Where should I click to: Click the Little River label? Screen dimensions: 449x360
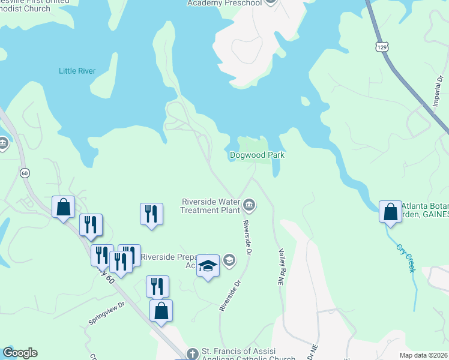[77, 71]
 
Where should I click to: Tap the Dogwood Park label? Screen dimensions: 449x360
[257, 155]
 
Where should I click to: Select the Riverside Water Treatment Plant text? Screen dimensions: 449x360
[211, 206]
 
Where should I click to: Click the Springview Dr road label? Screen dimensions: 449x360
[106, 313]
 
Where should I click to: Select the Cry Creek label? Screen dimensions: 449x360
[406, 257]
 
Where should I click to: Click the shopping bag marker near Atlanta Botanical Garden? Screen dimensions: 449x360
[390, 212]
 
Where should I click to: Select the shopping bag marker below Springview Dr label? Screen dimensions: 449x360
[161, 311]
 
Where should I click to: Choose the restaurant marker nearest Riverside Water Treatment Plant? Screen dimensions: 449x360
[151, 214]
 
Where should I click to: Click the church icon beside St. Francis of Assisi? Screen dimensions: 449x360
[192, 353]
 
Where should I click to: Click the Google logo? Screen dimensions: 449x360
[20, 353]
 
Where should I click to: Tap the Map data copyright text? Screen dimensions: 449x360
[424, 355]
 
